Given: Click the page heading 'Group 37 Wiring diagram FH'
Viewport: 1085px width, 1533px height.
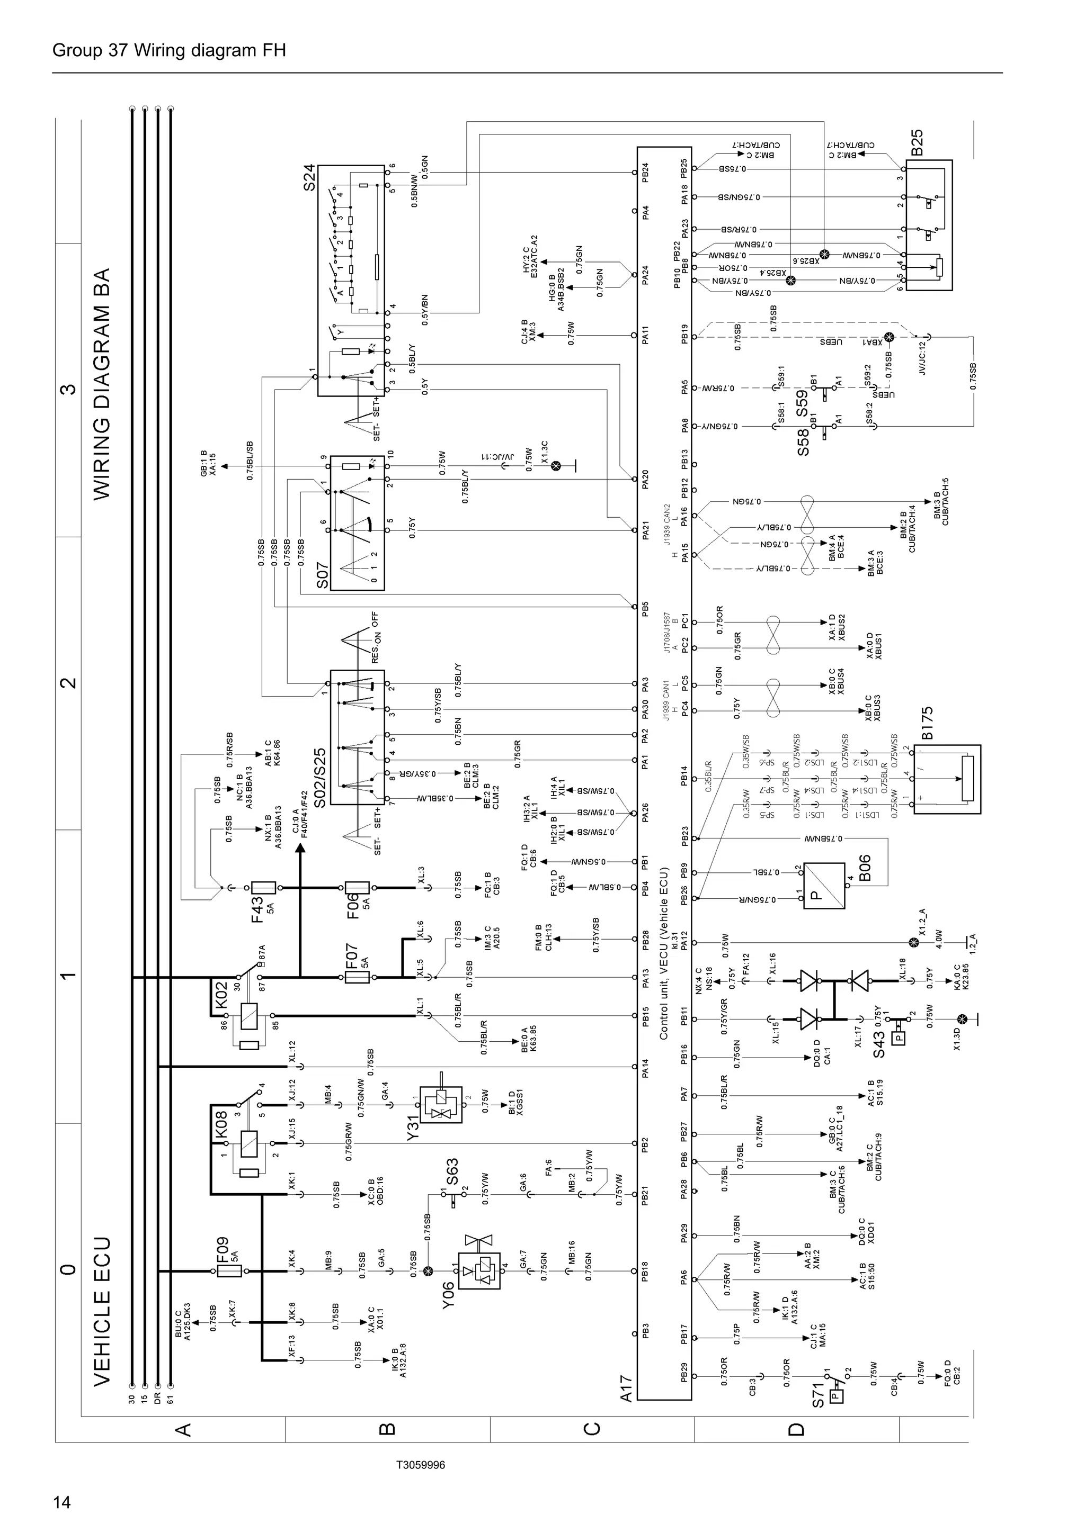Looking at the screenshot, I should point(168,51).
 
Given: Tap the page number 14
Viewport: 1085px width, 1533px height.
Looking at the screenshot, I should point(61,1502).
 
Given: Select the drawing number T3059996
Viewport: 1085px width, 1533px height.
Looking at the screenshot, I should point(420,1464).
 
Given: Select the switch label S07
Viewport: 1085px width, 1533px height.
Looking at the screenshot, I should point(322,575).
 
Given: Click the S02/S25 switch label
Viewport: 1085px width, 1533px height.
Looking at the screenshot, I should point(320,778).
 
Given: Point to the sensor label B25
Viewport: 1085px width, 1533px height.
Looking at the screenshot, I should point(917,142).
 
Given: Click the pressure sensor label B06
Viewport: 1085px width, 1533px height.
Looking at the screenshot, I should point(864,868).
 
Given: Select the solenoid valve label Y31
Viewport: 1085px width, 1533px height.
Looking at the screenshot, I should point(413,1128).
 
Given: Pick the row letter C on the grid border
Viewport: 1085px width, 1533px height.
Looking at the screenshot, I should point(592,1428).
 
